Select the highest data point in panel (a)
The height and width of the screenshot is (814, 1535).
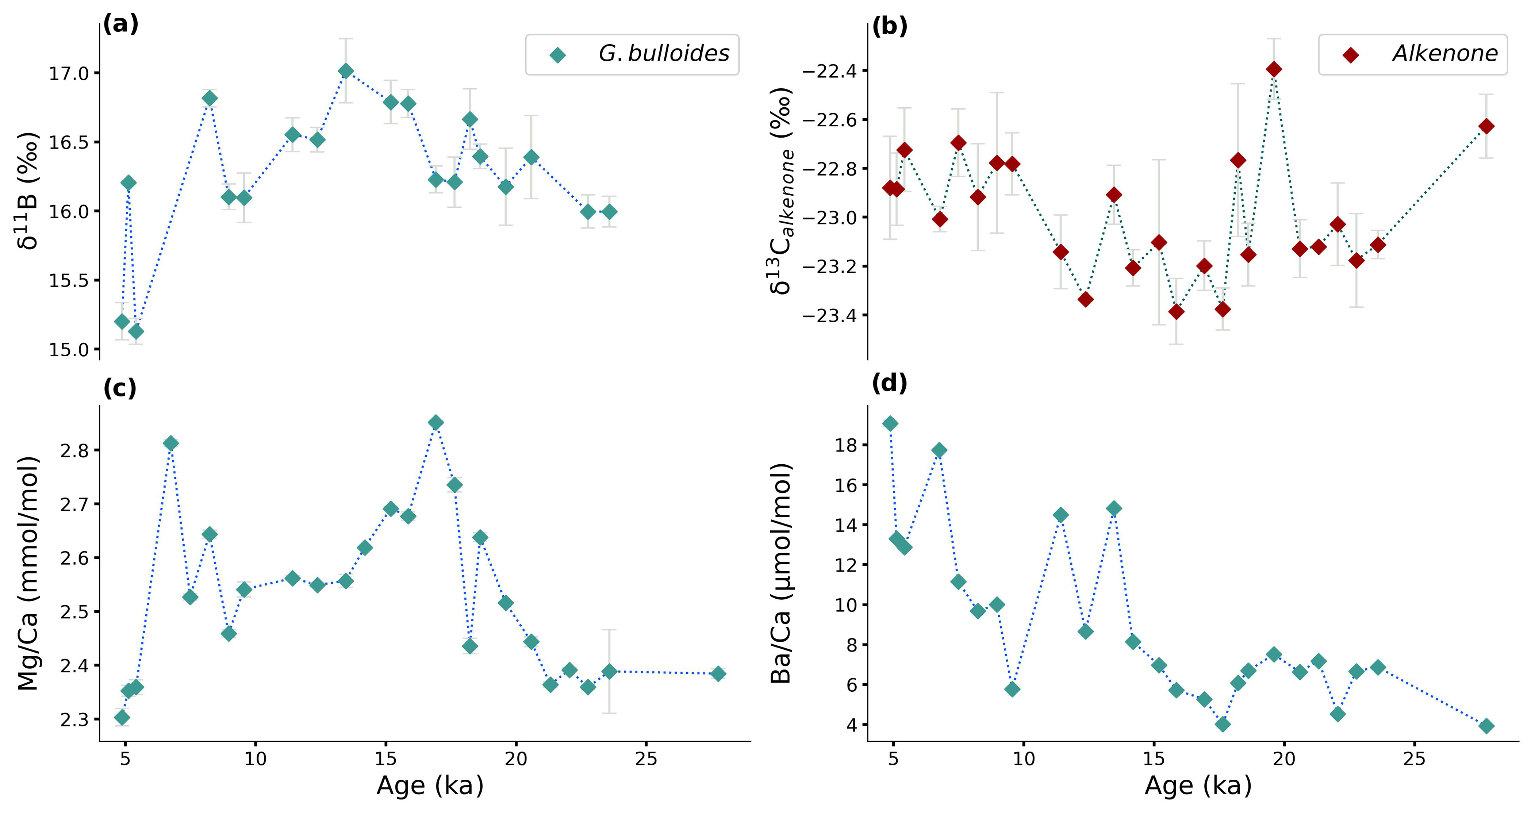pyautogui.click(x=346, y=71)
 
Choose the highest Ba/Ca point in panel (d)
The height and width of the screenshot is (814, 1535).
pyautogui.click(x=890, y=424)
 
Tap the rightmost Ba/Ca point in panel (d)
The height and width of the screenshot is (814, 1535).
pyautogui.click(x=1486, y=726)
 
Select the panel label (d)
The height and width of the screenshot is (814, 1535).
pyautogui.click(x=889, y=383)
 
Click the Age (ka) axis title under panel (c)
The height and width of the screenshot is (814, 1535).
pyautogui.click(x=430, y=786)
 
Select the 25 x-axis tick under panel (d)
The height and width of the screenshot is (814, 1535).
pyautogui.click(x=1414, y=759)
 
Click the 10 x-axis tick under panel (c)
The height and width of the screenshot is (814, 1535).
pyautogui.click(x=255, y=759)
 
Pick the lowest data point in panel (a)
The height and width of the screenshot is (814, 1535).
pyautogui.click(x=136, y=331)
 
